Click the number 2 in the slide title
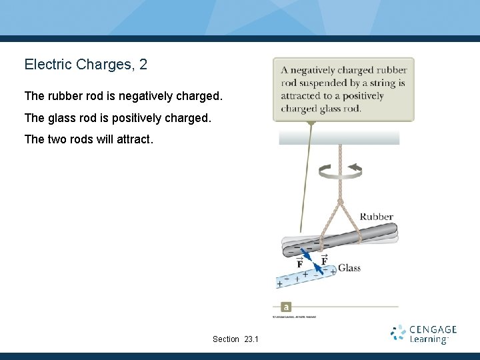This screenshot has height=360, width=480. coord(143,65)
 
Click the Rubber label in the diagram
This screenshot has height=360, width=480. coord(376,217)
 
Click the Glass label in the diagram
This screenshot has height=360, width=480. coord(349,268)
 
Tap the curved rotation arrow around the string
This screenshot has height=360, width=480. coord(340,171)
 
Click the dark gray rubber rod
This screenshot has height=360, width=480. coord(340,237)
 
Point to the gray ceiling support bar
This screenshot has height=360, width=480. coord(339,137)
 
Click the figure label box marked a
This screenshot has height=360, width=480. coord(286,307)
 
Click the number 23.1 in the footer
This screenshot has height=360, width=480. coord(251,339)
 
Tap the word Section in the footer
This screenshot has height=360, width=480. coord(225,339)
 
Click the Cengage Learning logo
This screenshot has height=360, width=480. coord(423,333)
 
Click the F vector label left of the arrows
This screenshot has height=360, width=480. coord(299,264)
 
